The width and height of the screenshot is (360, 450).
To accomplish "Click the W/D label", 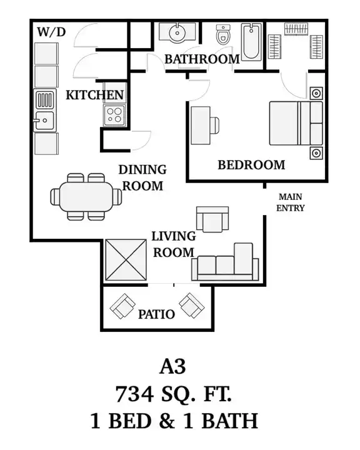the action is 51,32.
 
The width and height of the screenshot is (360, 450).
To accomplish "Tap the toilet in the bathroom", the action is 223,34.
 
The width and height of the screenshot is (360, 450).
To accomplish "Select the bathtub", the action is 251,42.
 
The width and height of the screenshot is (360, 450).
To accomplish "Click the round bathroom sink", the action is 177,32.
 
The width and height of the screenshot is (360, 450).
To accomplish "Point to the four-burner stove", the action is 114,116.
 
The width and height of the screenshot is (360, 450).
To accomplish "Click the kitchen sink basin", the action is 44,121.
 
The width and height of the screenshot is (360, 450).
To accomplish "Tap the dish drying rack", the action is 44,99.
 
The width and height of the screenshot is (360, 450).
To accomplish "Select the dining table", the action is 86,197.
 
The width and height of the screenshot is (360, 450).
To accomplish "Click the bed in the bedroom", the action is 296,123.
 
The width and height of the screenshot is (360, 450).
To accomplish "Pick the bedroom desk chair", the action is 215,126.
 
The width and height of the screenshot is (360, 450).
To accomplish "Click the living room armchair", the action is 212,219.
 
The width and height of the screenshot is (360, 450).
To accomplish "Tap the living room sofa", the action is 225,262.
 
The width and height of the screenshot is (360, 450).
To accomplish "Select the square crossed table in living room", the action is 126,260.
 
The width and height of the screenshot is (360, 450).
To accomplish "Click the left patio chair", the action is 122,306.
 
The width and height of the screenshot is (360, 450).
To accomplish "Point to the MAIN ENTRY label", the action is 290,202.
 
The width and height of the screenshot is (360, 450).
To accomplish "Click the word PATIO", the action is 156,314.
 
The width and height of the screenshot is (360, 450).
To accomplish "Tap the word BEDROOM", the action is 251,165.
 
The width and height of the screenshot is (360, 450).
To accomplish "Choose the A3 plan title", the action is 172,366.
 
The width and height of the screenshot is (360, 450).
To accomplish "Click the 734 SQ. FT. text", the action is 173,394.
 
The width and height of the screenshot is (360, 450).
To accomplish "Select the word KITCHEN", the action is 95,95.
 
